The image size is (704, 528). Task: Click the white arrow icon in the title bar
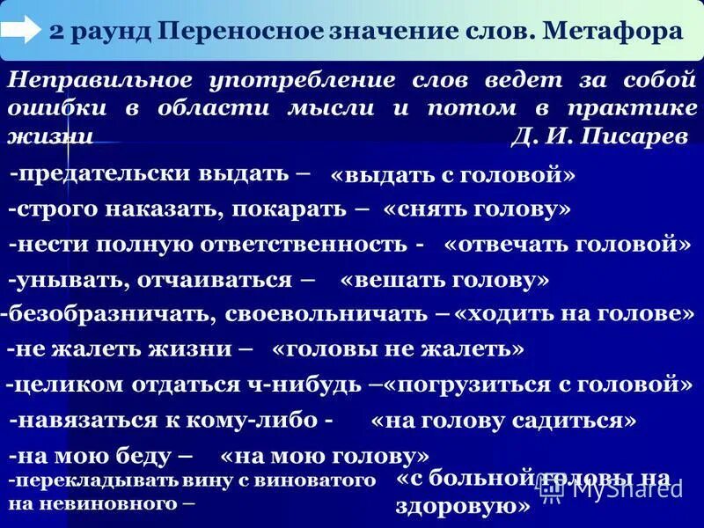pyautogui.click(x=21, y=30)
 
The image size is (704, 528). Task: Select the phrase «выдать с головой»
pyautogui.click(x=452, y=175)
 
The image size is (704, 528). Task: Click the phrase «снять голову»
pyautogui.click(x=477, y=209)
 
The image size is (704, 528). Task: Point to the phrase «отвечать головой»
pyautogui.click(x=568, y=244)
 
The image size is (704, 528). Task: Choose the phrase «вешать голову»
pyautogui.click(x=444, y=280)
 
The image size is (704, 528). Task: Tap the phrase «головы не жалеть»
pyautogui.click(x=399, y=349)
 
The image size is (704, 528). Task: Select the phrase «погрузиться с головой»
pyautogui.click(x=539, y=385)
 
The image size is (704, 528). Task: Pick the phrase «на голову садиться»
pyautogui.click(x=504, y=422)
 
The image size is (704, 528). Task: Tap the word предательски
pyautogui.click(x=97, y=173)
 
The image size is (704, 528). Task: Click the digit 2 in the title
pyautogui.click(x=55, y=32)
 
